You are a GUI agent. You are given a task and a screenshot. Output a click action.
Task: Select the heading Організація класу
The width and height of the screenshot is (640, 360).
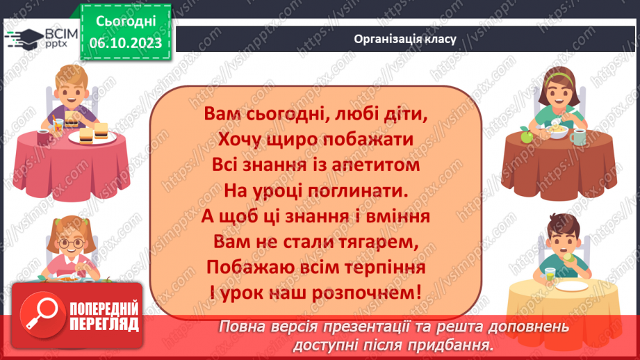(x=404, y=39)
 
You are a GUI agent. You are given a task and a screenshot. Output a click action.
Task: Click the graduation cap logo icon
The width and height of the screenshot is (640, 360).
(x=21, y=38)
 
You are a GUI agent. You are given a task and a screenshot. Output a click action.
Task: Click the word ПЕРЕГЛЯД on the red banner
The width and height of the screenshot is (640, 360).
(x=104, y=324)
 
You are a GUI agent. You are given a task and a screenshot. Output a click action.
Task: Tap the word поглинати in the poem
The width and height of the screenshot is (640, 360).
(x=354, y=190)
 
